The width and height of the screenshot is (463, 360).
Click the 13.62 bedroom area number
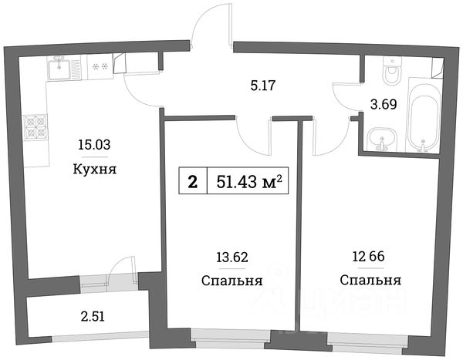(231, 257)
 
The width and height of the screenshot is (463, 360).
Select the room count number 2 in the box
(192, 182)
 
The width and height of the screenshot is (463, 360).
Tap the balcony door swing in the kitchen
(120, 271)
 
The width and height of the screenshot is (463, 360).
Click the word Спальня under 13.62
(231, 281)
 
